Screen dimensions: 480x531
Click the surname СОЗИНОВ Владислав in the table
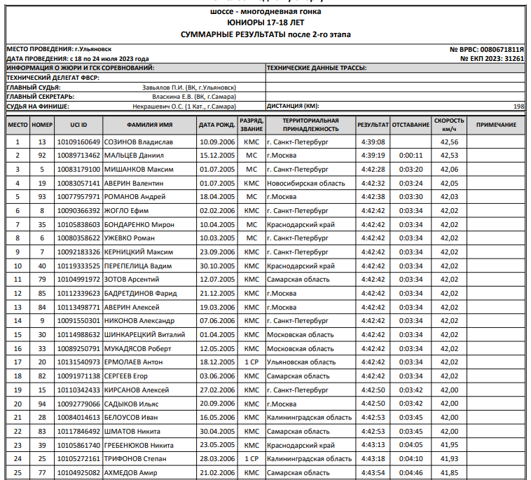click(x=138, y=142)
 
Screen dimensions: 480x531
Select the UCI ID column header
click(x=79, y=125)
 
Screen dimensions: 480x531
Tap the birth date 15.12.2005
click(x=216, y=156)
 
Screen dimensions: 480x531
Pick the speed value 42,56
click(x=449, y=142)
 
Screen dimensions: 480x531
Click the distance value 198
click(x=518, y=106)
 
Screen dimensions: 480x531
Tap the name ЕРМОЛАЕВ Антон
click(x=133, y=362)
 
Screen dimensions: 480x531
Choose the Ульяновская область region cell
click(x=301, y=362)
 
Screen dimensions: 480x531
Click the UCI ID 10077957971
click(x=79, y=197)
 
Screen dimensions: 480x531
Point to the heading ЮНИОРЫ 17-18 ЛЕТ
click(x=265, y=23)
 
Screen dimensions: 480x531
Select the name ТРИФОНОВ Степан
click(x=136, y=459)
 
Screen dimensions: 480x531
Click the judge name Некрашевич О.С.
click(x=184, y=107)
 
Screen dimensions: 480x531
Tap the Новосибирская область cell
click(x=305, y=183)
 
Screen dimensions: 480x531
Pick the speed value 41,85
click(x=449, y=473)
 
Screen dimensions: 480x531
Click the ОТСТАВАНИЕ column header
click(x=411, y=125)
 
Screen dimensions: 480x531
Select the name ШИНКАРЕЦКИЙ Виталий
click(x=144, y=335)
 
